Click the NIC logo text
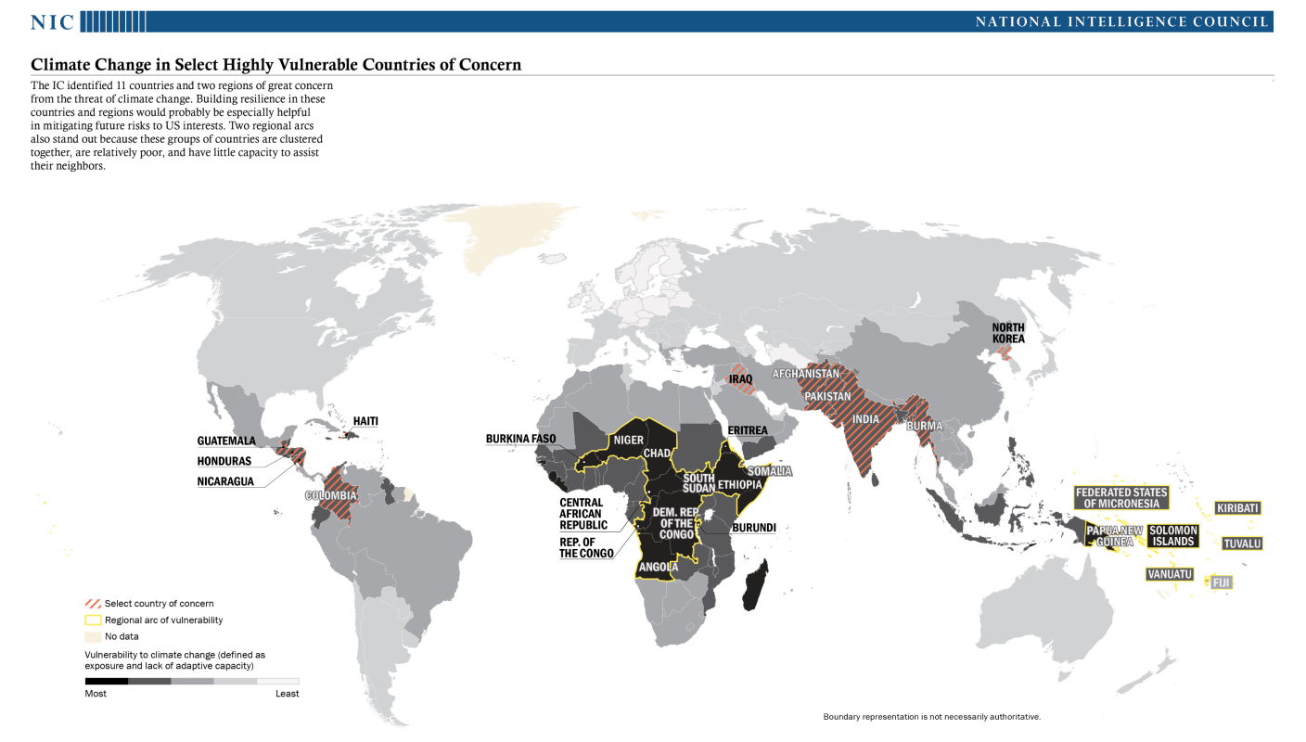[52, 21]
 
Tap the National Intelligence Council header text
[1122, 21]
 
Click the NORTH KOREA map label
[1008, 333]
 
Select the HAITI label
[365, 421]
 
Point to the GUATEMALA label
[225, 441]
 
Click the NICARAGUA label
[224, 481]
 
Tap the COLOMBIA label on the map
[330, 496]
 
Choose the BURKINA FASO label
[520, 439]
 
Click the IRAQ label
[740, 379]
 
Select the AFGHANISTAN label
[805, 375]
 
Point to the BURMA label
[926, 427]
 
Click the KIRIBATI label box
[1237, 508]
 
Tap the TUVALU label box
[1242, 544]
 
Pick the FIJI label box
[1221, 582]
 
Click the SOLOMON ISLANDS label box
[1172, 536]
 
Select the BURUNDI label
[753, 528]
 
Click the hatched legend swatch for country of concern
[92, 604]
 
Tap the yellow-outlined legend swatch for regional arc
[92, 620]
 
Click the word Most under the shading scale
[96, 694]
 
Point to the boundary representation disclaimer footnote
[931, 717]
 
